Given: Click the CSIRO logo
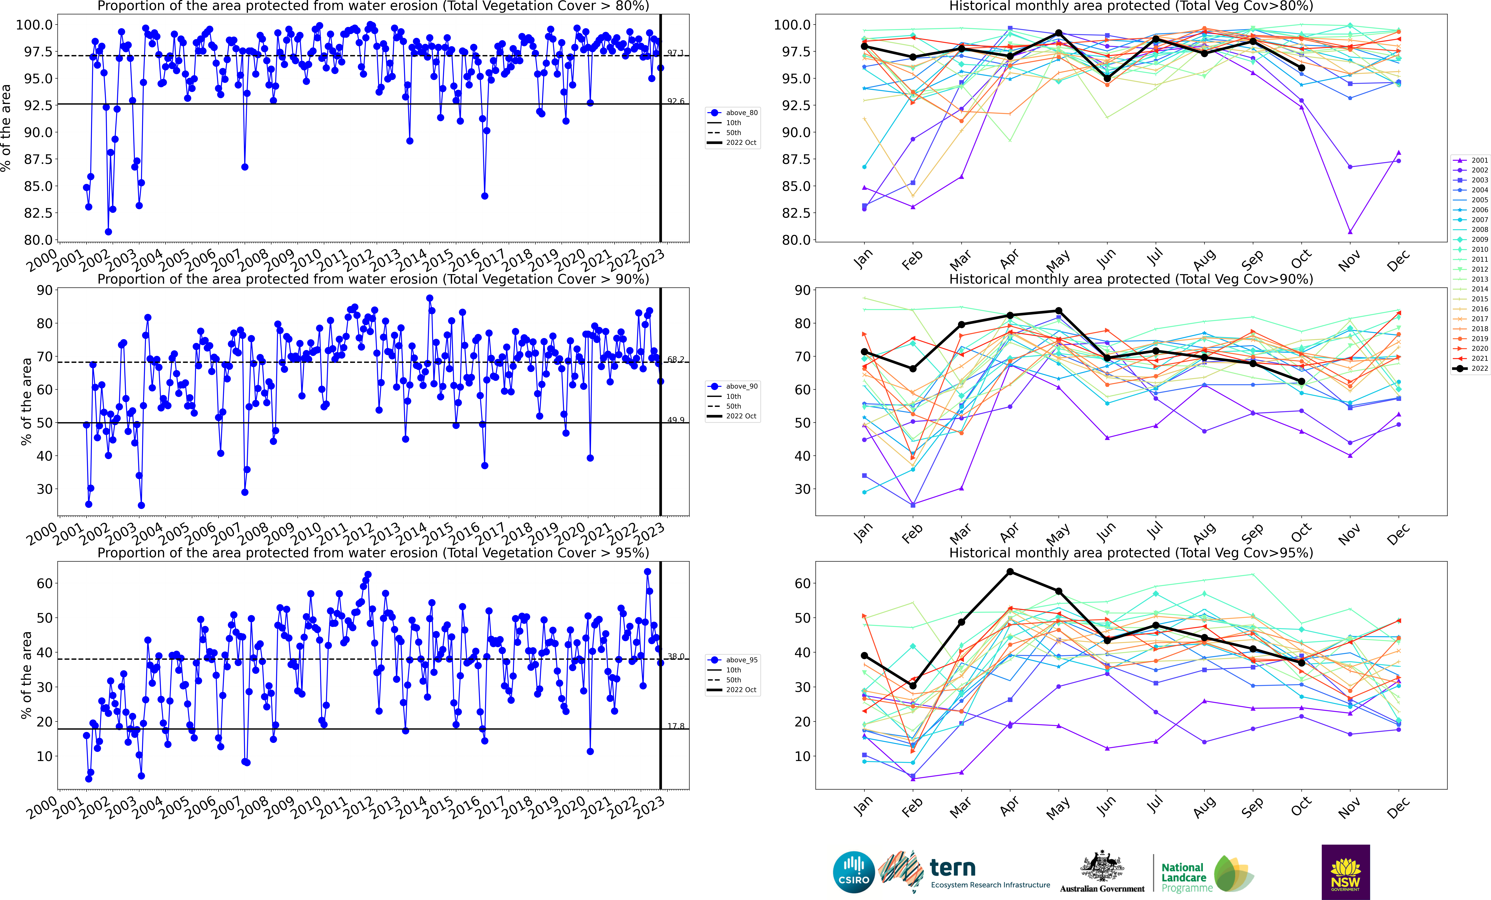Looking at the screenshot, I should tap(854, 872).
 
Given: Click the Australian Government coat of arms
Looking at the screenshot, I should tap(1102, 867).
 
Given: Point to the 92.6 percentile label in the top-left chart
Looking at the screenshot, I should tap(675, 101).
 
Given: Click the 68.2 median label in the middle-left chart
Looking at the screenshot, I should tap(675, 360).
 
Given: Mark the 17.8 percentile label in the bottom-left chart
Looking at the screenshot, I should tap(675, 726).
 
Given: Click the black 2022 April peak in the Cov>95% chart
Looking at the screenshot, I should tap(1010, 572).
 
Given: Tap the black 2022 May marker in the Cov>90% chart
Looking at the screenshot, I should tap(1058, 311).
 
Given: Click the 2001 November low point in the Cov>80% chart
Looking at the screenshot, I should tap(1350, 232).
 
